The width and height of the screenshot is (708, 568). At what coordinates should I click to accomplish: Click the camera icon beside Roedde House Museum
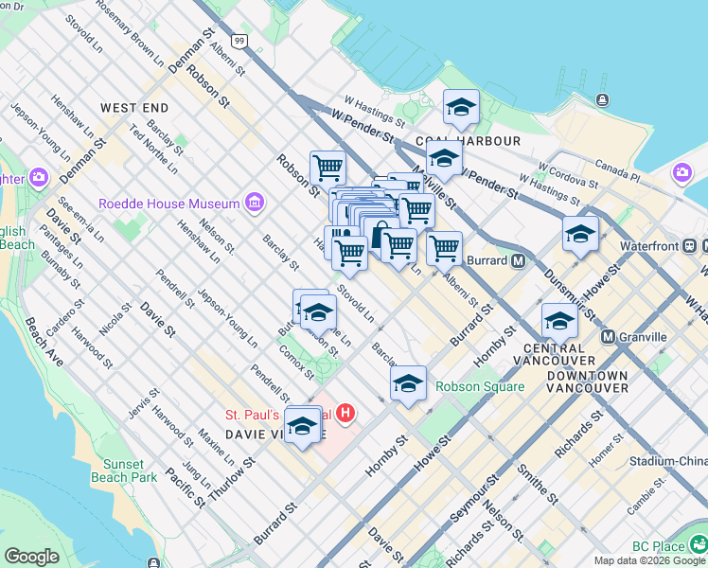254,202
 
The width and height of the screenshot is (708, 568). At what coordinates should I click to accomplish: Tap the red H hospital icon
346,414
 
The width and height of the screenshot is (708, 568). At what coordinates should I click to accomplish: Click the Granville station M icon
609,337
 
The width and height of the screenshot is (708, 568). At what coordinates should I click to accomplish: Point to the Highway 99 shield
240,41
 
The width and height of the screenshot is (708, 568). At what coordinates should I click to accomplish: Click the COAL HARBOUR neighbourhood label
482,141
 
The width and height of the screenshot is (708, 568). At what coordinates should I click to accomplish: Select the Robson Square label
480,386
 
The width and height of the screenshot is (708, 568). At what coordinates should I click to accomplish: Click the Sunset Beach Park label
124,470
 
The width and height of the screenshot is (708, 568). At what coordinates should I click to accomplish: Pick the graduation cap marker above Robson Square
408,383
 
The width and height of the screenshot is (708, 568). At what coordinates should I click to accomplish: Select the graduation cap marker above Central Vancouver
559,321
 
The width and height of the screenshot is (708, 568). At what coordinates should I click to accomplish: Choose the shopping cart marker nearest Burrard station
443,249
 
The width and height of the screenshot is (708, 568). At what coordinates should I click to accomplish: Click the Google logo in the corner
31,557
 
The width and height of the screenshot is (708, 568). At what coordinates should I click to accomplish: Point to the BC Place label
659,547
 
